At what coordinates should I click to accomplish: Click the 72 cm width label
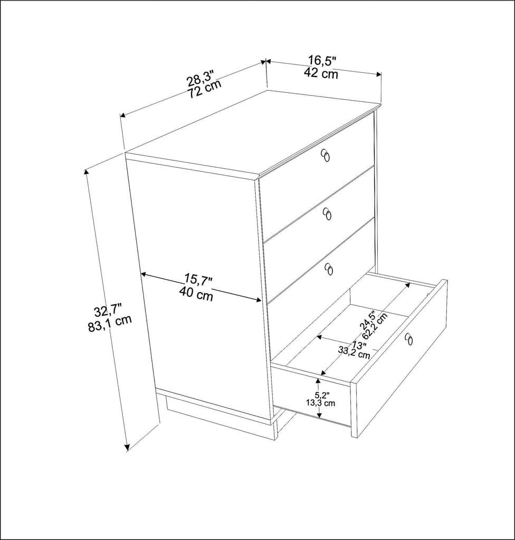(x=205, y=91)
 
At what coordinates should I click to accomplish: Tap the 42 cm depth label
(x=321, y=74)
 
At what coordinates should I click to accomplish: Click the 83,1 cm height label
(x=110, y=324)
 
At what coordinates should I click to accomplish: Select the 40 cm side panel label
(x=196, y=295)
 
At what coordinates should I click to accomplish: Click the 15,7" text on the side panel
(x=198, y=279)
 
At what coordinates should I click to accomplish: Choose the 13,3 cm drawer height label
(x=320, y=403)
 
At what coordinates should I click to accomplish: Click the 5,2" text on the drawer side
(x=322, y=394)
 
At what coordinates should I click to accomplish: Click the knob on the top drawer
(x=326, y=156)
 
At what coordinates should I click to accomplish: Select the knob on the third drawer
(x=329, y=269)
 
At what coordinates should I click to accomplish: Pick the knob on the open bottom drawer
(x=409, y=339)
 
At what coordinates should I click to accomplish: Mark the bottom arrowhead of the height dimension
(x=127, y=448)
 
